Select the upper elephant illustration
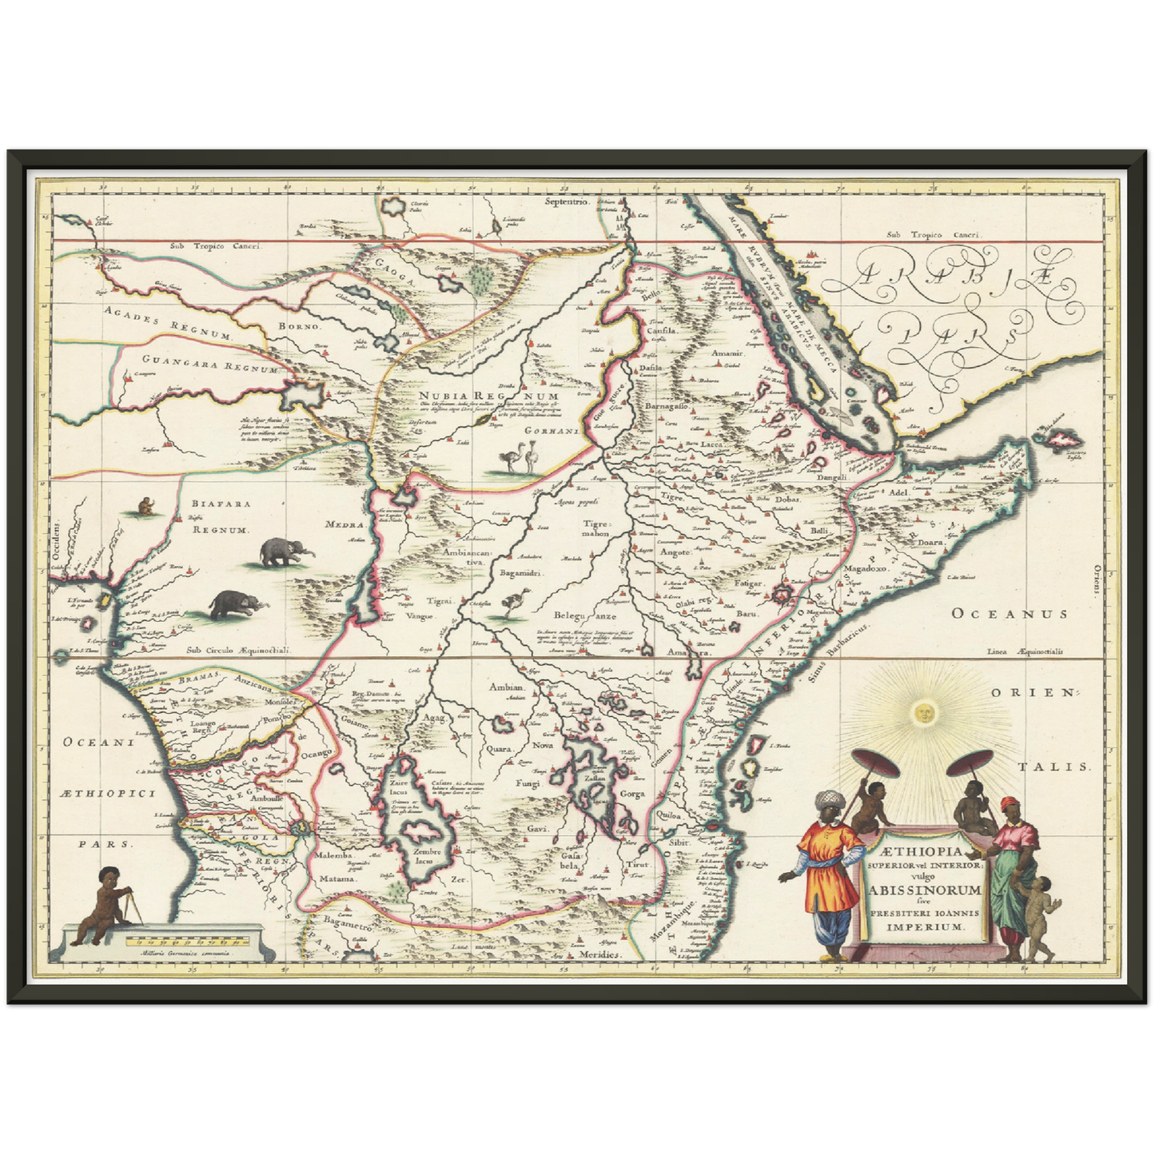pos(286,551)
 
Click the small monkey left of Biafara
pos(145,505)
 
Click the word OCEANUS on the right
pos(1009,614)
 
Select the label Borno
pos(298,326)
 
